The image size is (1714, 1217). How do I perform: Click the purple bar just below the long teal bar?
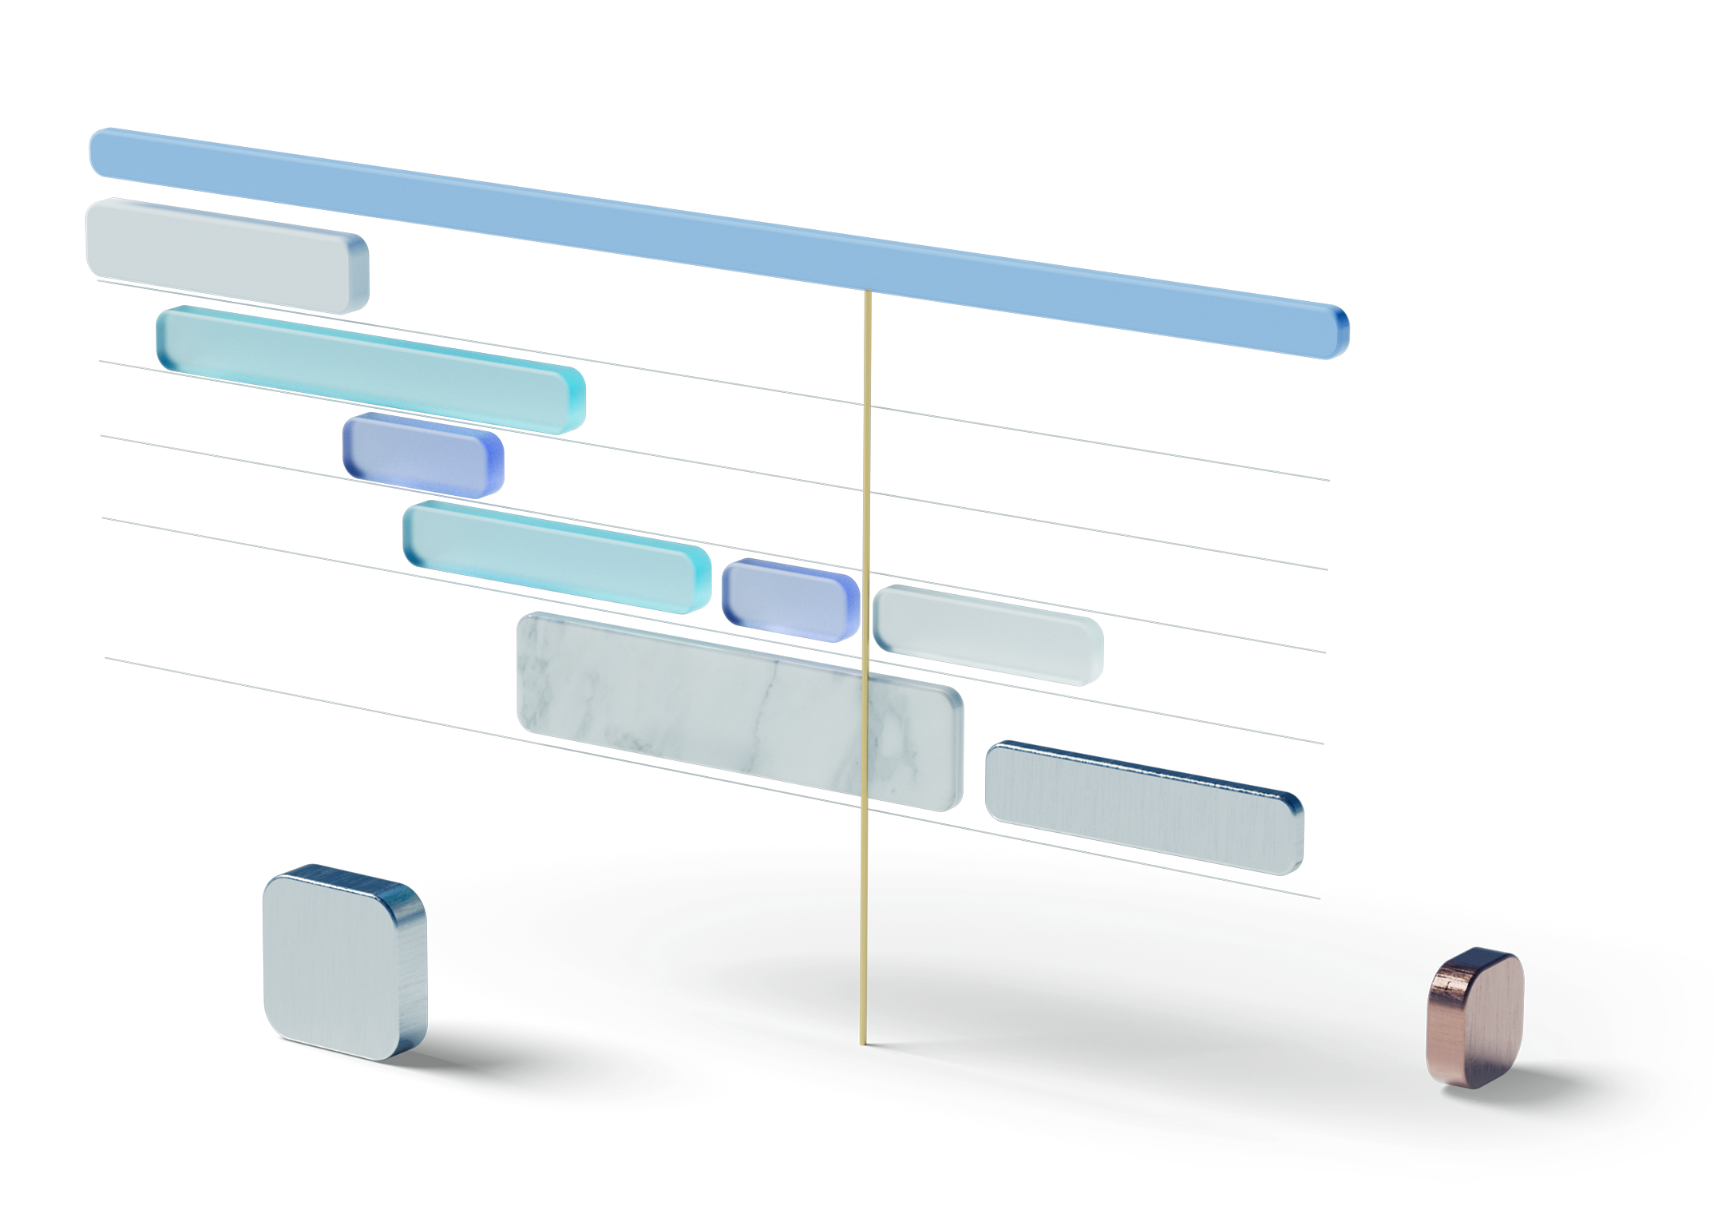(423, 456)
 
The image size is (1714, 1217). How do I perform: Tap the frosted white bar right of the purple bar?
(988, 635)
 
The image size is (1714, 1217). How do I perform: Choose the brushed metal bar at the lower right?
(1144, 808)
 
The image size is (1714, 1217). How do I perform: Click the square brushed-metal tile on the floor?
(344, 962)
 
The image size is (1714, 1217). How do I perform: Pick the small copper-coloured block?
(1475, 1018)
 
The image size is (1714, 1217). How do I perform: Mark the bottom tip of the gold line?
(862, 1042)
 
